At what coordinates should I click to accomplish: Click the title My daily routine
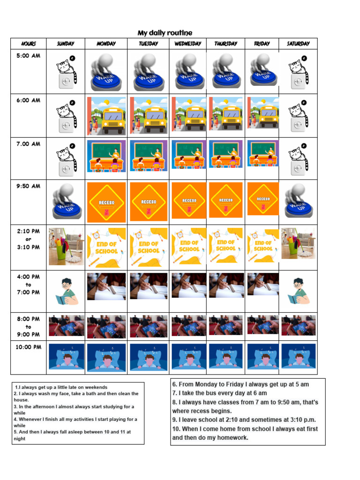[165, 33]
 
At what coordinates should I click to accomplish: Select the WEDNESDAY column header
[187, 44]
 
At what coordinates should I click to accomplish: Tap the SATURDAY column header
[298, 44]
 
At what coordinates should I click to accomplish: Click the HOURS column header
[29, 44]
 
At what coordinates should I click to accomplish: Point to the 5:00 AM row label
[29, 56]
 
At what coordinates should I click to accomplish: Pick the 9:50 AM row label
[29, 186]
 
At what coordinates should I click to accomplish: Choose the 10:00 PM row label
[29, 347]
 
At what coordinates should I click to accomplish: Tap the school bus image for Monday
[106, 116]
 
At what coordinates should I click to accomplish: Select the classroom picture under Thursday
[225, 155]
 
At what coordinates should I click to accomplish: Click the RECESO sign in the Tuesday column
[149, 202]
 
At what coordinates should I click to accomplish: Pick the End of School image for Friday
[262, 245]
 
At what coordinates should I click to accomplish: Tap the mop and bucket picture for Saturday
[298, 243]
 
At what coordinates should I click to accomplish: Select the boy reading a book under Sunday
[66, 291]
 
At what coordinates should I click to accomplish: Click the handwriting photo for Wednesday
[188, 285]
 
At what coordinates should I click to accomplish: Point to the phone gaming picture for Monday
[106, 326]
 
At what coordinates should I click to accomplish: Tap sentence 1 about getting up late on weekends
[61, 387]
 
